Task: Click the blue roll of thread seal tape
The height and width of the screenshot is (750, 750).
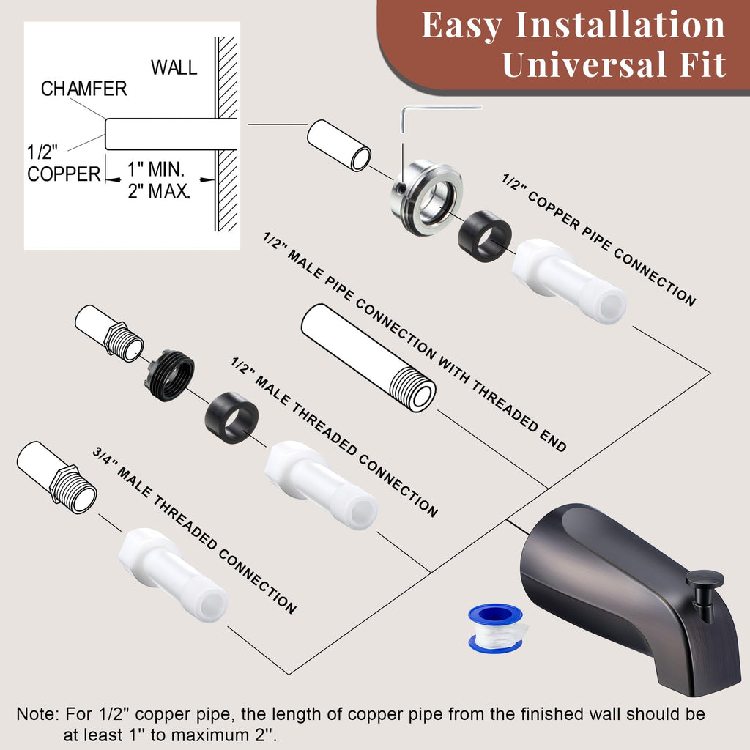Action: [x=496, y=628]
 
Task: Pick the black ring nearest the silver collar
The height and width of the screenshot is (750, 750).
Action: [x=485, y=236]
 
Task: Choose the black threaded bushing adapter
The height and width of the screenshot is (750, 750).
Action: [x=169, y=375]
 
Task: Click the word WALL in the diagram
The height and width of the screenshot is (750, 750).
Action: [x=174, y=67]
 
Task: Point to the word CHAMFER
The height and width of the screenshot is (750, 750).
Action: [x=83, y=89]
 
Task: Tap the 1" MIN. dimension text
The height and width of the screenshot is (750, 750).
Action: [x=156, y=169]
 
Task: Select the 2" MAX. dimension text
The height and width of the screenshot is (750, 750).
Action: [x=159, y=191]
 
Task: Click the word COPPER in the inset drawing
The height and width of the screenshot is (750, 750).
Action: [x=64, y=174]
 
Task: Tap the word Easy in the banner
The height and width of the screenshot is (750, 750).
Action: [x=461, y=25]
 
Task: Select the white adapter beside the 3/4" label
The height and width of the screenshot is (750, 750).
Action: [x=173, y=575]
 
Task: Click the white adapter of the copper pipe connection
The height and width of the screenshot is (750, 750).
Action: [x=568, y=281]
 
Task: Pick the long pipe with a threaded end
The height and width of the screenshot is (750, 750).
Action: [x=368, y=357]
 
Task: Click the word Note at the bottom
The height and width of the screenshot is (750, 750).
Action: [x=36, y=714]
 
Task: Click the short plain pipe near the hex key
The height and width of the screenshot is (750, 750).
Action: [x=338, y=145]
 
